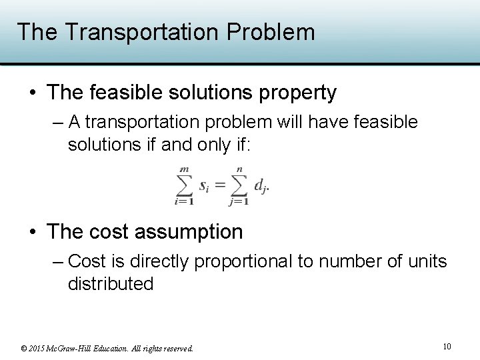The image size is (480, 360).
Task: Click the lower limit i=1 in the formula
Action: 183,201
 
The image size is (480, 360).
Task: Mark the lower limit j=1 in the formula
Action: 239,201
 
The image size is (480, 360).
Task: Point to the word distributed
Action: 111,284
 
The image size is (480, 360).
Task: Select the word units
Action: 426,261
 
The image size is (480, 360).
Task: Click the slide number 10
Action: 446,346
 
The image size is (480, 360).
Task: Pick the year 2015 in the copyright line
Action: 40,348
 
